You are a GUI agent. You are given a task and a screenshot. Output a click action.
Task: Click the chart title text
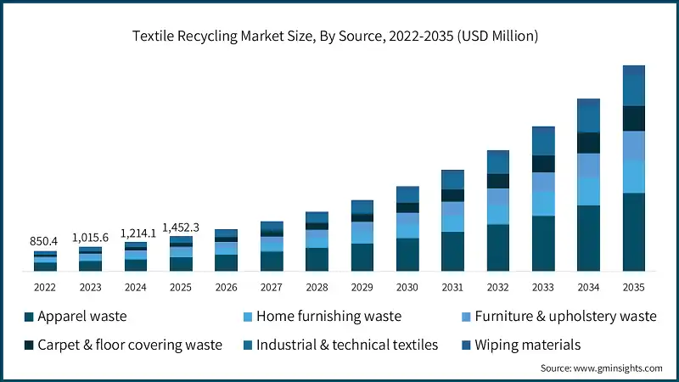point(339,36)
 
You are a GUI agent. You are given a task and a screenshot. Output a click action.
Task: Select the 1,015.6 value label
point(91,238)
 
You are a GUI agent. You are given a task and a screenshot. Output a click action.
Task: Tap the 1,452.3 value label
point(181,227)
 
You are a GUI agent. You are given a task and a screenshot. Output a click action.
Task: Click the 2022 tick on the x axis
point(46,287)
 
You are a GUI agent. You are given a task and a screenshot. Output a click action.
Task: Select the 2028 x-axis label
point(317,287)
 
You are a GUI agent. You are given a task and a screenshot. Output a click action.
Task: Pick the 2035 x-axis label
point(633,287)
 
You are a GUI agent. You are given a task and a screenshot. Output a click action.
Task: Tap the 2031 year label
point(452,287)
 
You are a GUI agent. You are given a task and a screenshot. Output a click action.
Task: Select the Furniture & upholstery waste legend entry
point(565,317)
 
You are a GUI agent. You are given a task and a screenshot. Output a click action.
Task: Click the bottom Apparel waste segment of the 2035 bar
point(633,232)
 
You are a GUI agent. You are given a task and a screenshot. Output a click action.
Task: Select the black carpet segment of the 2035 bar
point(633,118)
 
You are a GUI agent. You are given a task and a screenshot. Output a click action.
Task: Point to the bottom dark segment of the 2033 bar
point(543,244)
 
